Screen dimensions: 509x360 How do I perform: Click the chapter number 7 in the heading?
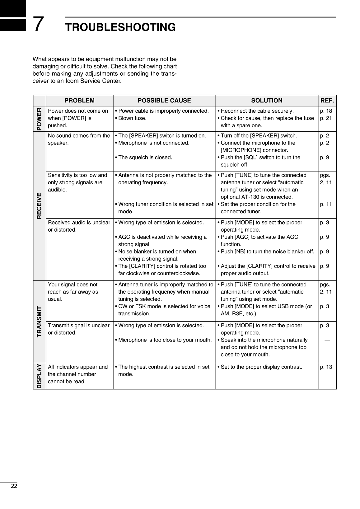click(38, 24)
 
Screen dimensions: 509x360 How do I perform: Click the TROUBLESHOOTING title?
click(120, 27)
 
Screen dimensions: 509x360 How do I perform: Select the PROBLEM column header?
click(79, 101)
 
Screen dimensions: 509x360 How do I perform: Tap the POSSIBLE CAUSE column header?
click(164, 101)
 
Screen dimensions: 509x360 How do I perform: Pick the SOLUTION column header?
click(267, 101)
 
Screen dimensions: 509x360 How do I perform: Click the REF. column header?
click(327, 101)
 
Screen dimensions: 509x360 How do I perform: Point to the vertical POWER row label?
click(39, 119)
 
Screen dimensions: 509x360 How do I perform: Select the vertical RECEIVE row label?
click(39, 206)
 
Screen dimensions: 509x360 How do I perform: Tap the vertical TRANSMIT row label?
click(39, 322)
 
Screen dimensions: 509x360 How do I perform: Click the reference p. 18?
click(326, 111)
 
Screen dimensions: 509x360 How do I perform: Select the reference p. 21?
click(326, 118)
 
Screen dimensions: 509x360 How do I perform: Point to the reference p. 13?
click(326, 367)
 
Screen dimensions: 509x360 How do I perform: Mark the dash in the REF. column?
click(327, 340)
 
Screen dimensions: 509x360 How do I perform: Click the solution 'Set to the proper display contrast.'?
click(261, 367)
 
